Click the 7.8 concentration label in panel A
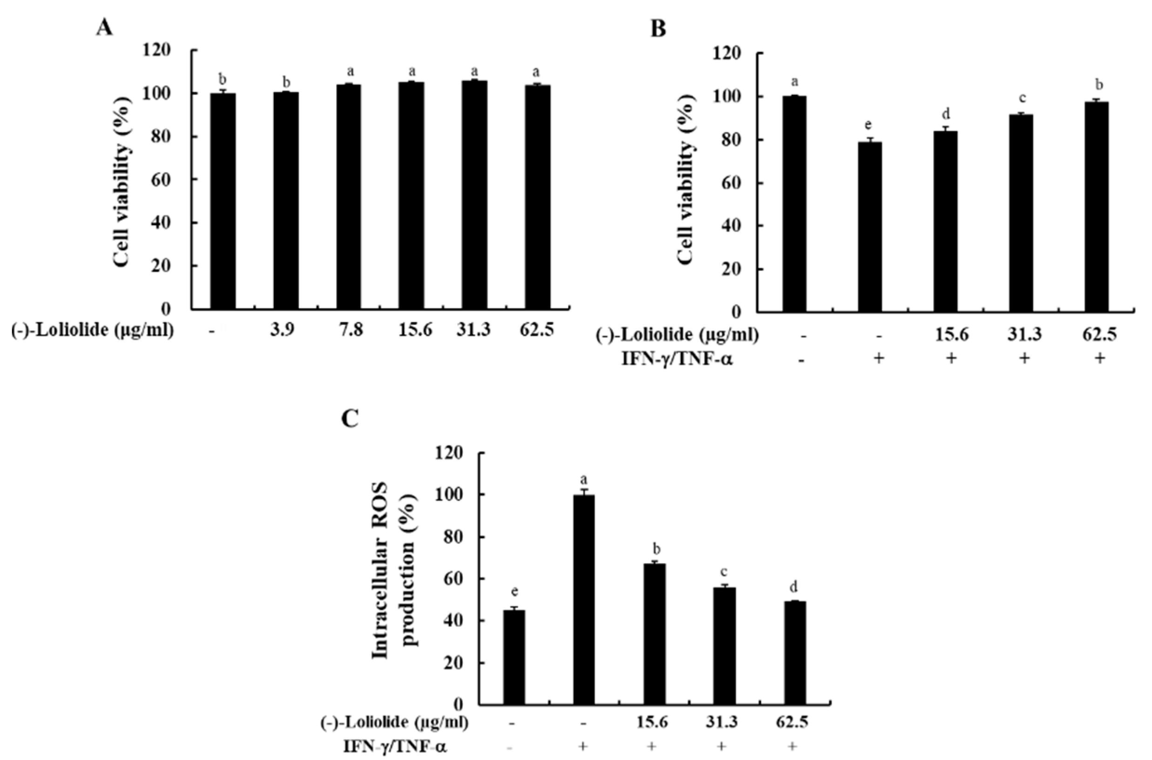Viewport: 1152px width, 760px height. [351, 330]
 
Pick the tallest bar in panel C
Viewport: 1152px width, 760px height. [583, 606]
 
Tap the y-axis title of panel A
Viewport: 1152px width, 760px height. [124, 179]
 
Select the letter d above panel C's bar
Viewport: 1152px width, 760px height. [794, 587]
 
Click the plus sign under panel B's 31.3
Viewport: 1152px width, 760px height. [1024, 359]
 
